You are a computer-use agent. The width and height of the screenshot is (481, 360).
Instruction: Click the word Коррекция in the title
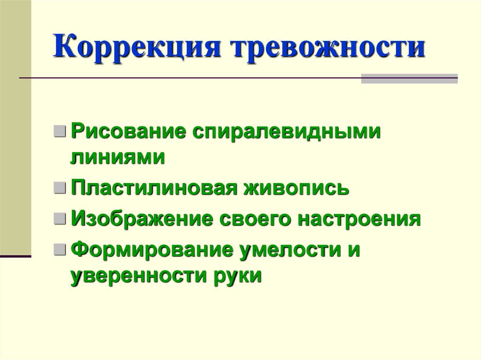[x=137, y=48]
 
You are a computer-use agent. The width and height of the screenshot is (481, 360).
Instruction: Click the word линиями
[x=117, y=157]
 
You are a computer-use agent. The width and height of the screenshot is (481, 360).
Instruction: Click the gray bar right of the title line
[x=409, y=78]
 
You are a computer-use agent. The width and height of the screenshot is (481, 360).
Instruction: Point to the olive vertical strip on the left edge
[x=16, y=127]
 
